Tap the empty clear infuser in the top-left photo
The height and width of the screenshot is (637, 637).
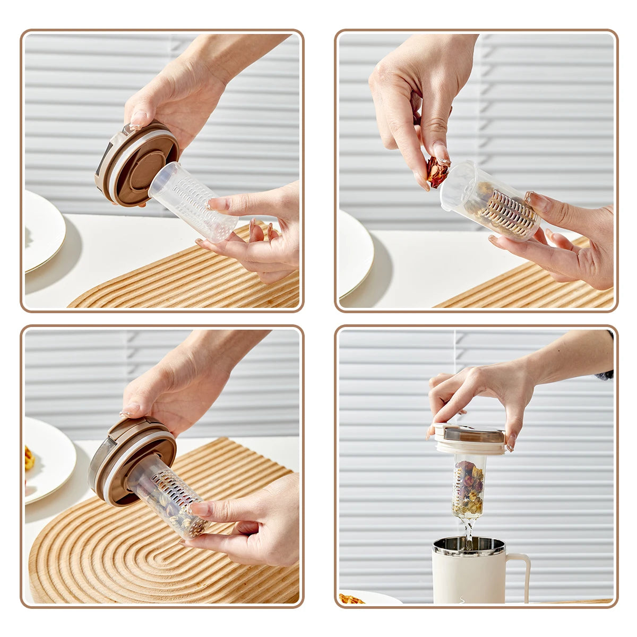[194, 202]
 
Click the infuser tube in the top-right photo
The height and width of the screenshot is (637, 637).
[491, 202]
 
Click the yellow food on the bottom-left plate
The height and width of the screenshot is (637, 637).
[29, 458]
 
